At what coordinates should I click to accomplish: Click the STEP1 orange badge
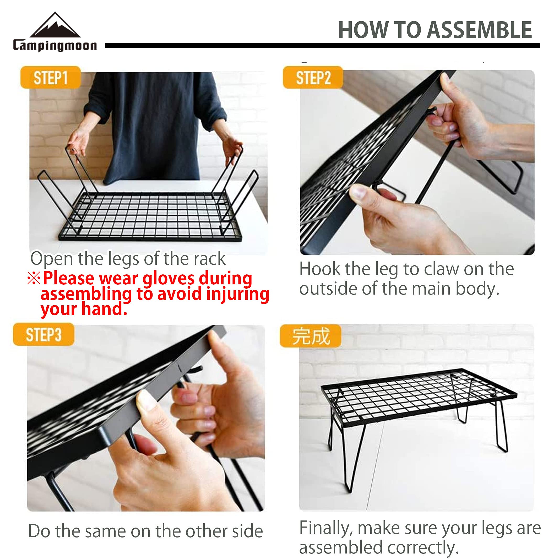pos(51,77)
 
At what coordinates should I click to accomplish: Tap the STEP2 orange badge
pos(313,77)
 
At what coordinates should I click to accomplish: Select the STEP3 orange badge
pos(44,334)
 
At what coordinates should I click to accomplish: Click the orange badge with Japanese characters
pos(311,336)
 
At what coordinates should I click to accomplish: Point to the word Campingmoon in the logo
pos(55,46)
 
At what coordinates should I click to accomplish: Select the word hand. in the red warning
pos(105,309)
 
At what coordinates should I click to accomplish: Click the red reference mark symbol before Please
pos(34,278)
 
